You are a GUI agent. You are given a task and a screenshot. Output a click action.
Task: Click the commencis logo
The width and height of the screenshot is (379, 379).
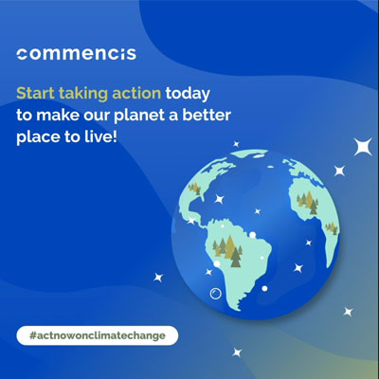click(76, 53)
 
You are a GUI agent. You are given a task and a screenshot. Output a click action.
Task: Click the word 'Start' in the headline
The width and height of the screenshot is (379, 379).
click(35, 94)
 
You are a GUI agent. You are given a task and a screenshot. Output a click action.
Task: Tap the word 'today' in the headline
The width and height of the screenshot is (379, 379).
click(189, 94)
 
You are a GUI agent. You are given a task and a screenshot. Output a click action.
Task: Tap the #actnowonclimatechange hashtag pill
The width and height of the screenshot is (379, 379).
click(97, 334)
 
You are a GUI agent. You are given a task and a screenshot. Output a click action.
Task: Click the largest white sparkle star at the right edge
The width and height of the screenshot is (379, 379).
click(361, 147)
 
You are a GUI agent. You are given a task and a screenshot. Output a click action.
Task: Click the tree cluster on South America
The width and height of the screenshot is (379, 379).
click(227, 245)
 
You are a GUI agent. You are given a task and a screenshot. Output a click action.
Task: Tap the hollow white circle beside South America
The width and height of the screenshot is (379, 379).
click(216, 295)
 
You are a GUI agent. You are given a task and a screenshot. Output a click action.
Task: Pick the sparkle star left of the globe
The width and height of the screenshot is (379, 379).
click(158, 277)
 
